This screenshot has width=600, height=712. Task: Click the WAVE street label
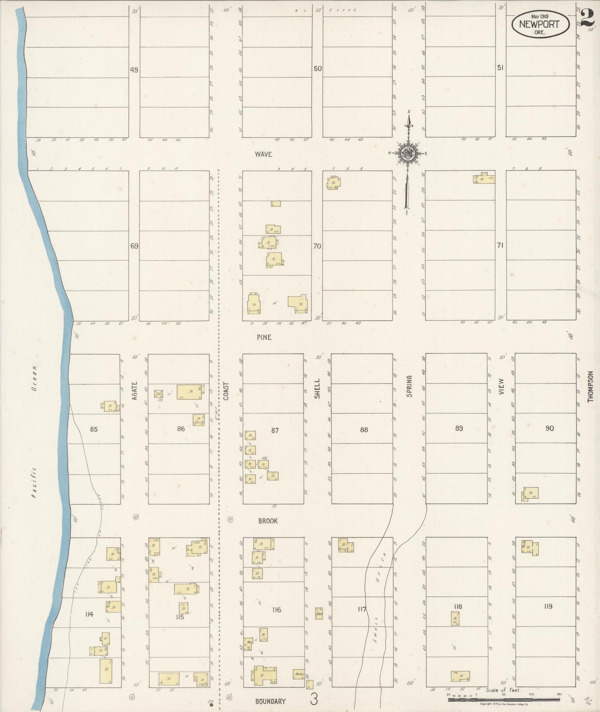click(263, 154)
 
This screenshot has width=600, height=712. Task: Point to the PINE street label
click(264, 337)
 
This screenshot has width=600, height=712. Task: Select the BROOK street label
click(267, 521)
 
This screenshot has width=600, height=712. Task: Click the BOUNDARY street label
click(270, 701)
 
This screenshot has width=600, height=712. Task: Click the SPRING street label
click(409, 386)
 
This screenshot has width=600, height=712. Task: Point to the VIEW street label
click(501, 386)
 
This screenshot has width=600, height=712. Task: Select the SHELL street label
click(318, 388)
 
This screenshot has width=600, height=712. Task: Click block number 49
click(134, 70)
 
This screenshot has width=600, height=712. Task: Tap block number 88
click(364, 430)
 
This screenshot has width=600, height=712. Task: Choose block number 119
click(548, 606)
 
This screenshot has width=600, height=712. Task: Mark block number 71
click(500, 246)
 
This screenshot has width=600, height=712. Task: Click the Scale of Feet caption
click(502, 690)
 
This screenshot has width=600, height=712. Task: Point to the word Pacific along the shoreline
click(34, 482)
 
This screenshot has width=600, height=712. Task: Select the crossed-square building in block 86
click(158, 393)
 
